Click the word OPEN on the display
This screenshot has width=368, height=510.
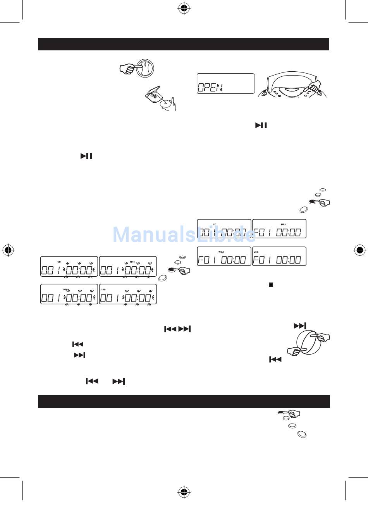coord(210,87)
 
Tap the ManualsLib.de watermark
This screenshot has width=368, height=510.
coord(184,234)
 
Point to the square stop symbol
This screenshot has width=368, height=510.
coord(271,284)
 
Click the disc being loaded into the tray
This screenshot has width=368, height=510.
coord(166,104)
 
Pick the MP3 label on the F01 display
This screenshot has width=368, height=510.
coord(283,224)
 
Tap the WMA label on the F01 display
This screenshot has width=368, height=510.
coord(221,252)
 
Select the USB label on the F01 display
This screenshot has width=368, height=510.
coord(256,252)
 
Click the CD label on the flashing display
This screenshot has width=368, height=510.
coord(59,262)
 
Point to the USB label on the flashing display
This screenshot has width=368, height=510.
coord(103,289)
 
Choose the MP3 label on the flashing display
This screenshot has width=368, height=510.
coord(132,262)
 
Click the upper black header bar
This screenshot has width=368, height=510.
coord(183,44)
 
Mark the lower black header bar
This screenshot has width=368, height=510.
coord(183,401)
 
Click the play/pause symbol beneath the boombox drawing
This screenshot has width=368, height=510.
coord(261,126)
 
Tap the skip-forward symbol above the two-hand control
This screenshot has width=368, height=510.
coord(300,326)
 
